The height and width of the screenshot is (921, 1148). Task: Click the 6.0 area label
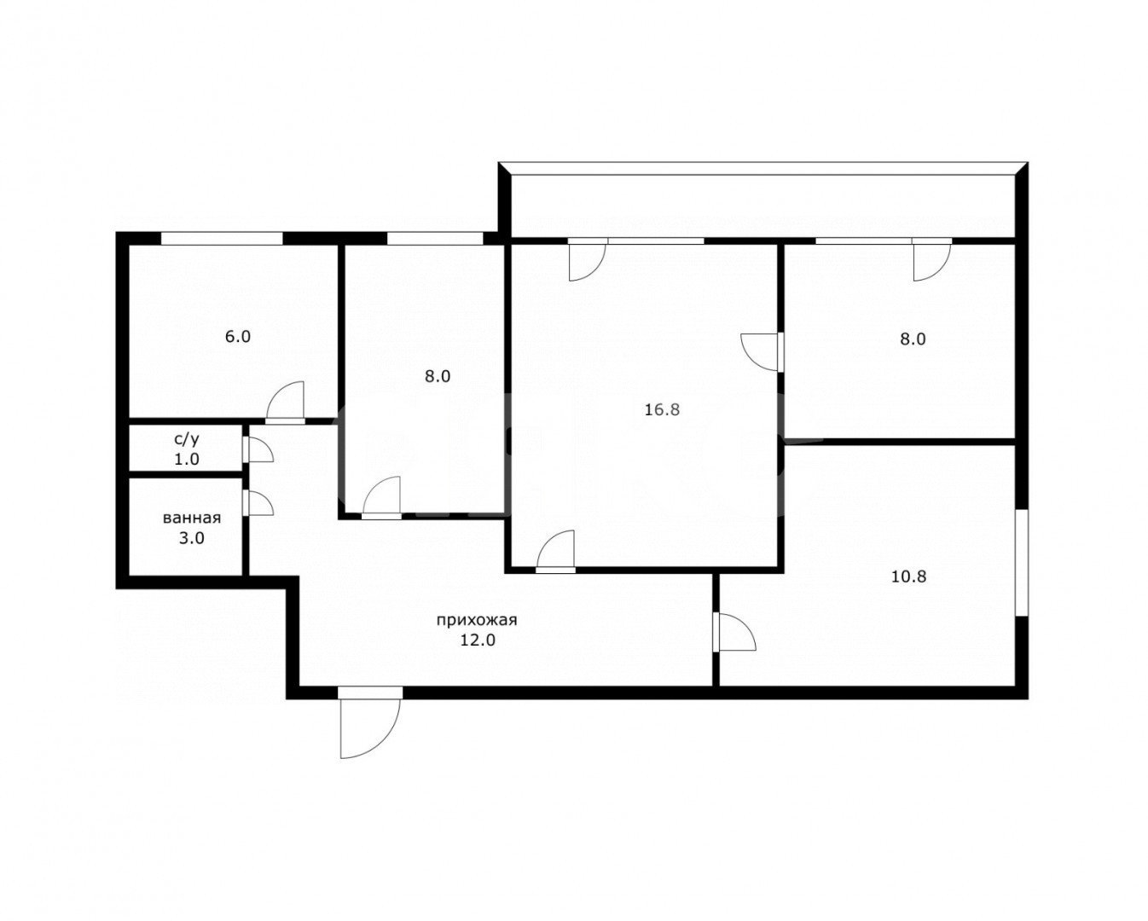pyautogui.click(x=237, y=337)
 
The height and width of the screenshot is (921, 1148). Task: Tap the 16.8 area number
pyautogui.click(x=662, y=409)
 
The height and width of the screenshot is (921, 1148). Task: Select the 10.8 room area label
pyautogui.click(x=909, y=576)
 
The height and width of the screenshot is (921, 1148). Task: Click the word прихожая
pyautogui.click(x=477, y=620)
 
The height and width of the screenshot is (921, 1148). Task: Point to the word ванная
pyautogui.click(x=192, y=518)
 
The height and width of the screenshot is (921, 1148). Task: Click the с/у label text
pyautogui.click(x=187, y=439)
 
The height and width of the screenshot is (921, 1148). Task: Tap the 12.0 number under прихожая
pyautogui.click(x=478, y=640)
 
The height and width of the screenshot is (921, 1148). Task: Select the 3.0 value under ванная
pyautogui.click(x=191, y=539)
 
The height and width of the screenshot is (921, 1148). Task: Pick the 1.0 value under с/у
pyautogui.click(x=187, y=459)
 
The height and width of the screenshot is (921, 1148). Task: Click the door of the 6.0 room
pyautogui.click(x=285, y=403)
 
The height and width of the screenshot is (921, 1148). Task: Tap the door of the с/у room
pyautogui.click(x=258, y=449)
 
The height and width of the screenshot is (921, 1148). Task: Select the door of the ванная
pyautogui.click(x=258, y=503)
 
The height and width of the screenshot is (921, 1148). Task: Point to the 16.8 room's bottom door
pyautogui.click(x=555, y=552)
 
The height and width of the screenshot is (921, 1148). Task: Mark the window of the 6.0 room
pyautogui.click(x=222, y=239)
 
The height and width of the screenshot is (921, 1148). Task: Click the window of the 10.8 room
pyautogui.click(x=1021, y=563)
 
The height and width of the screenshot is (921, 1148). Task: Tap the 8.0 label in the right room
pyautogui.click(x=913, y=339)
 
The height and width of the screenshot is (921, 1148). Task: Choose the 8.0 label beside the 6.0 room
pyautogui.click(x=438, y=377)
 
